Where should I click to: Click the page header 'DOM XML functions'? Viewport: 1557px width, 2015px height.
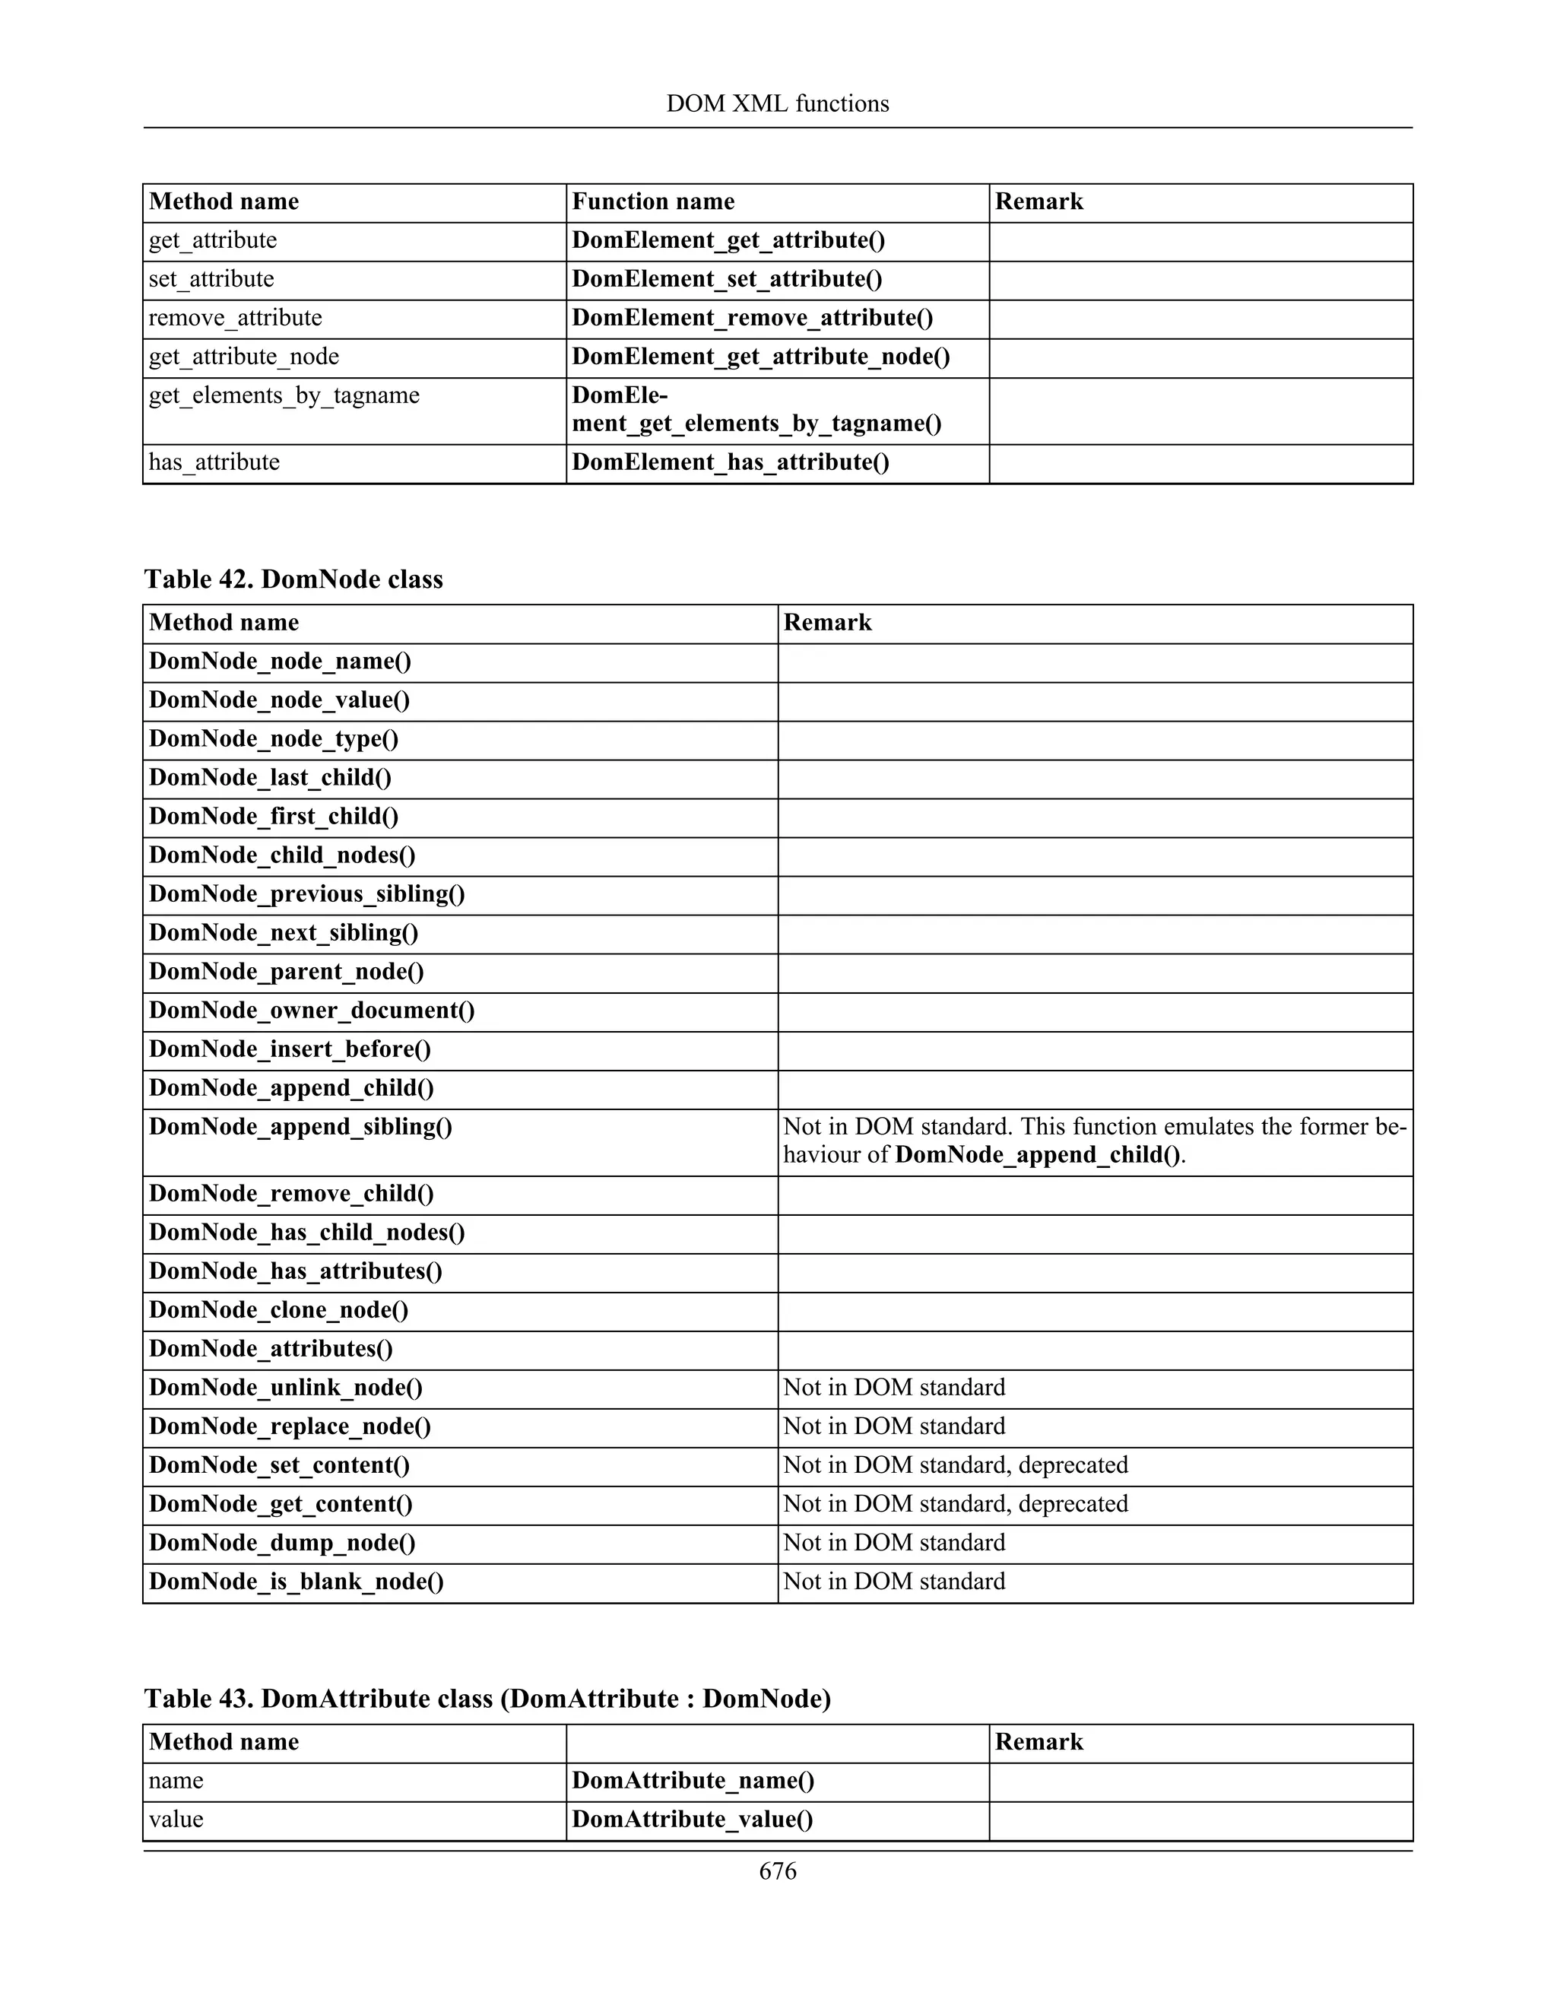point(777,103)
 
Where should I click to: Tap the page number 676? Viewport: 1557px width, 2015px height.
point(777,1871)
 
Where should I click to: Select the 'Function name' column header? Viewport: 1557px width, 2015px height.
point(653,202)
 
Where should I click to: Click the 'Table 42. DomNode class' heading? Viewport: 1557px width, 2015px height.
point(293,579)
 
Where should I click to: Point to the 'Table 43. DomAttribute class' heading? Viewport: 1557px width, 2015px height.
point(487,1699)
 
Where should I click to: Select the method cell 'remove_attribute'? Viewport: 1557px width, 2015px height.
point(235,319)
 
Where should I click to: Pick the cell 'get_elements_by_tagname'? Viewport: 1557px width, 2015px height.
point(284,396)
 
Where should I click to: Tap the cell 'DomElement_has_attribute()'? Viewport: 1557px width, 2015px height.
point(731,462)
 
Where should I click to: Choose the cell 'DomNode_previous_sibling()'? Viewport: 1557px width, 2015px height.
point(307,894)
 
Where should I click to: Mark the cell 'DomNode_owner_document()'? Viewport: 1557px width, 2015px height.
point(312,1011)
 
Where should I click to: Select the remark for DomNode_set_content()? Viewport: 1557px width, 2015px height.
point(956,1465)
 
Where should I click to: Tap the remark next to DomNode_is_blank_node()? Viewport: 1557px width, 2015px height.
point(894,1582)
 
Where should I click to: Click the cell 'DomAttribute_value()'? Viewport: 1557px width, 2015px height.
point(693,1820)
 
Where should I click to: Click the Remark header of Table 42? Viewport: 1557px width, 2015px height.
point(827,623)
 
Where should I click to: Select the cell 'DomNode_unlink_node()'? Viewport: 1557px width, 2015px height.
point(286,1388)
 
